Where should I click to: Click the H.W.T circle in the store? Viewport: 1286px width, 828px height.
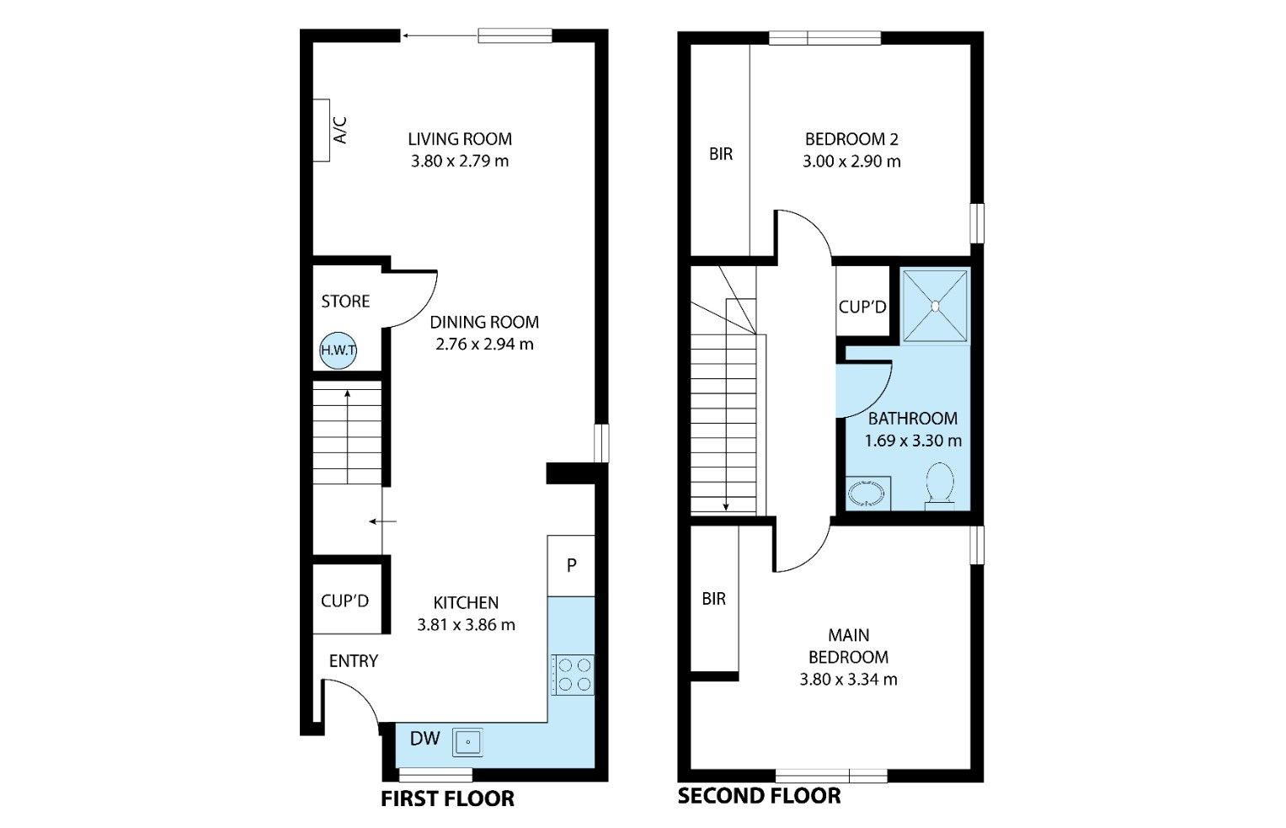click(339, 350)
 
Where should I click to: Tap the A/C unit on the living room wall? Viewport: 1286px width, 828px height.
click(322, 131)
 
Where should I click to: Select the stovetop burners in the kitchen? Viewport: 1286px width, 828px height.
click(573, 675)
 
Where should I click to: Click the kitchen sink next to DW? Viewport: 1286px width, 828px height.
click(468, 742)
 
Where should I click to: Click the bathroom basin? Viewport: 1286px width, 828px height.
click(868, 494)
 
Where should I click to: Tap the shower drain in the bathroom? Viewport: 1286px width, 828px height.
click(935, 306)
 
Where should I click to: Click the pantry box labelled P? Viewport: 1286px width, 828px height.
click(571, 566)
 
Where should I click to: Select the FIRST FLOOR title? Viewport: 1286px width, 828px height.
click(448, 799)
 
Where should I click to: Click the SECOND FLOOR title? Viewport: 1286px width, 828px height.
click(760, 796)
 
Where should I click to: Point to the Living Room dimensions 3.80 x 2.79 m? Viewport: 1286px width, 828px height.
click(460, 162)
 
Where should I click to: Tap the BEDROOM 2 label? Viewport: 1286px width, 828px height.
click(851, 139)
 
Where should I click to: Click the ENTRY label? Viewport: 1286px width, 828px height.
click(354, 661)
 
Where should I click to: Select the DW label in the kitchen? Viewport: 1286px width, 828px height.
click(424, 739)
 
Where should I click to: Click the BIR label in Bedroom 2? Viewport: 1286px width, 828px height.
click(721, 154)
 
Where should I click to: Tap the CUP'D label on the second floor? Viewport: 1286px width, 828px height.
click(862, 307)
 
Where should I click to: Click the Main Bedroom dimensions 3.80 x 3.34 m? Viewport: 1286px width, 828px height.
click(849, 680)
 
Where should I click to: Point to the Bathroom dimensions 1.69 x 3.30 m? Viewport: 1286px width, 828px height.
click(914, 441)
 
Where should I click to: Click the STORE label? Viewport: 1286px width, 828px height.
click(345, 302)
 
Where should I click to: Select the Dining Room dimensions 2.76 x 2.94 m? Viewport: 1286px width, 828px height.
click(484, 345)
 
